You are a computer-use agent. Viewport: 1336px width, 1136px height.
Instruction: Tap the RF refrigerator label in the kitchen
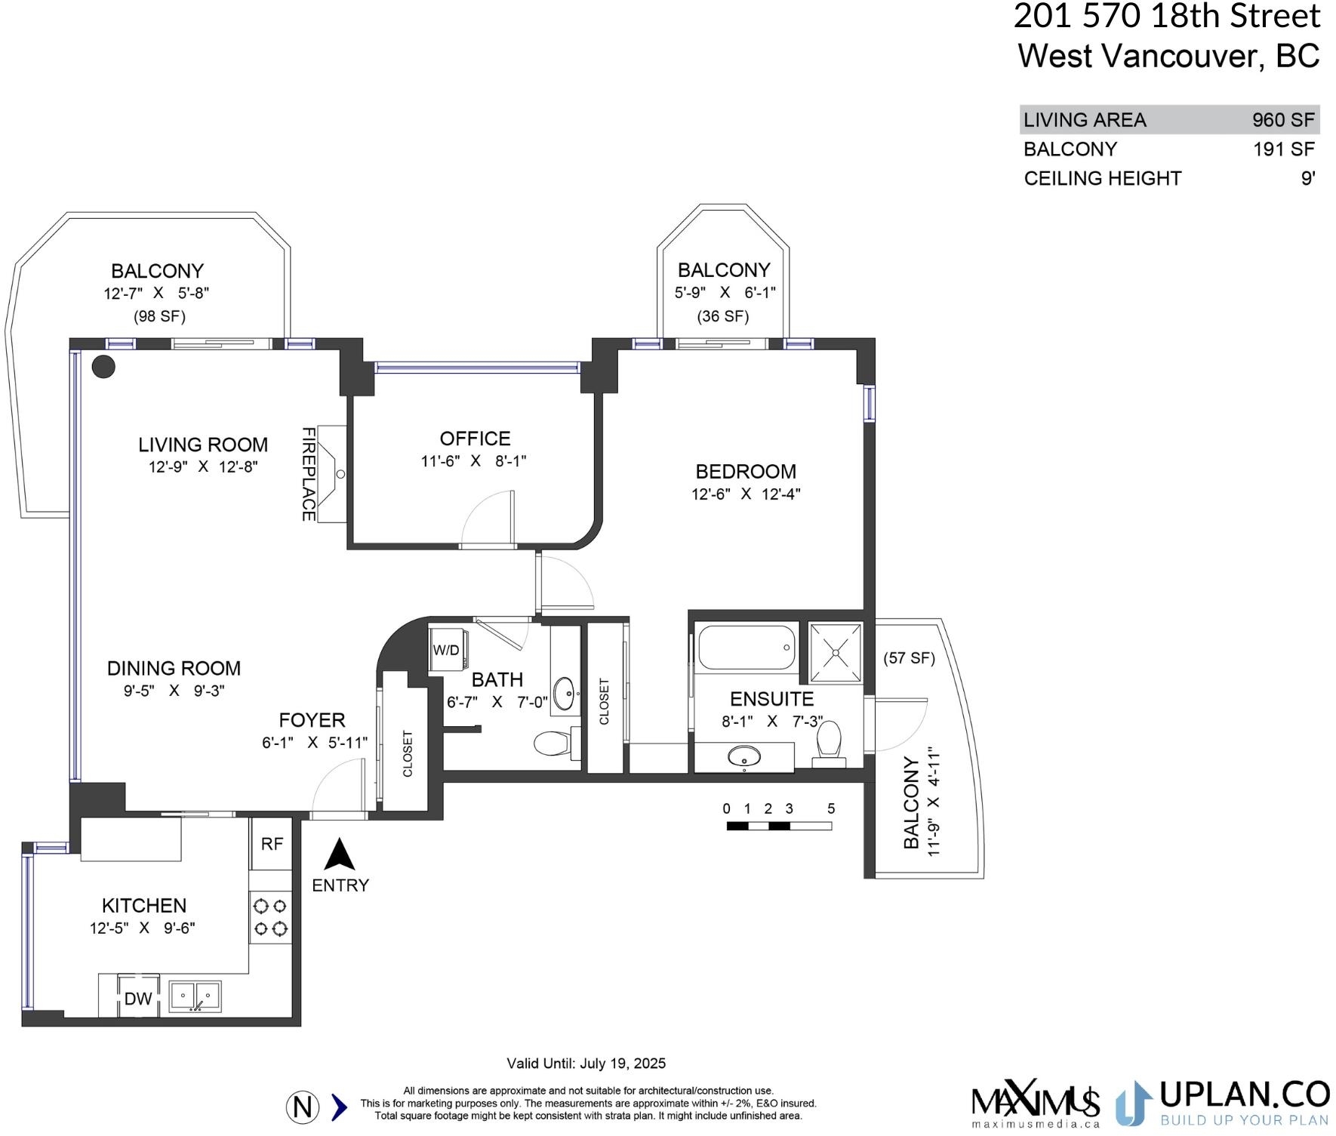click(x=272, y=844)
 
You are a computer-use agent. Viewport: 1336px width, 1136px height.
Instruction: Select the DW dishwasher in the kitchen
click(x=138, y=999)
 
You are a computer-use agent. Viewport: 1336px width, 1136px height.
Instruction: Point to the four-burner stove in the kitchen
click(x=270, y=916)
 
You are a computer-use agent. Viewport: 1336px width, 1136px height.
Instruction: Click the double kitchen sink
click(x=195, y=996)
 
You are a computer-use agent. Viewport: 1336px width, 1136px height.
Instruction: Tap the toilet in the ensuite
click(x=829, y=743)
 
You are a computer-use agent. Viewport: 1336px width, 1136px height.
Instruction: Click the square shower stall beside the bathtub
click(x=836, y=652)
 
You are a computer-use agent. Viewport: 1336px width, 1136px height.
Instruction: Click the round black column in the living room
click(x=103, y=367)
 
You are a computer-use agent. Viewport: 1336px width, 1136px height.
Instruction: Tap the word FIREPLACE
click(x=309, y=474)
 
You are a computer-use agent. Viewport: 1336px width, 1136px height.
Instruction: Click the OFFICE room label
click(x=475, y=439)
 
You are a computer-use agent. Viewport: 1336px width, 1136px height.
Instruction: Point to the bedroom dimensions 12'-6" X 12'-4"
click(x=746, y=494)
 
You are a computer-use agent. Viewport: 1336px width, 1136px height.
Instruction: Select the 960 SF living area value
click(x=1283, y=120)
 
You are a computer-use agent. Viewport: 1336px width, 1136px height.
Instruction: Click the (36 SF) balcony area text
click(x=723, y=316)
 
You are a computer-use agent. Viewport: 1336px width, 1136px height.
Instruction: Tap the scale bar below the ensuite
click(x=779, y=826)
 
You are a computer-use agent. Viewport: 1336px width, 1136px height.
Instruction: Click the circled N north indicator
click(x=303, y=1107)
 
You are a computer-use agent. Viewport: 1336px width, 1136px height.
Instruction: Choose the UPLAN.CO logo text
click(x=1244, y=1094)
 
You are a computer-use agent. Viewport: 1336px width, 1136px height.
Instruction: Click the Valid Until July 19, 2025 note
click(x=586, y=1064)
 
